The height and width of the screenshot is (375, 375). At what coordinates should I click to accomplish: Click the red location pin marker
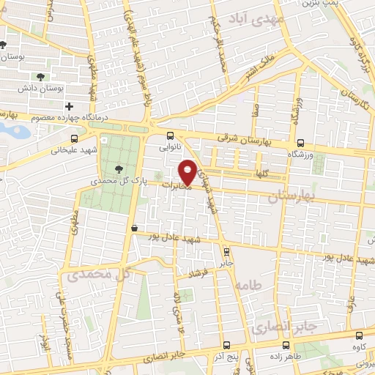pos(187,171)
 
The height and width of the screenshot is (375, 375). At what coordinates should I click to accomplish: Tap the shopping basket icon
pos(134,228)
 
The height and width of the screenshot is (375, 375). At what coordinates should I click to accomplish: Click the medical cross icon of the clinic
pos(70,107)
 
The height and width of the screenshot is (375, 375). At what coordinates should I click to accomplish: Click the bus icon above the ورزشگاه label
pos(300,143)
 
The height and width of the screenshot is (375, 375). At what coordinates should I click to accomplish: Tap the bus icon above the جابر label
pos(226,250)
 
